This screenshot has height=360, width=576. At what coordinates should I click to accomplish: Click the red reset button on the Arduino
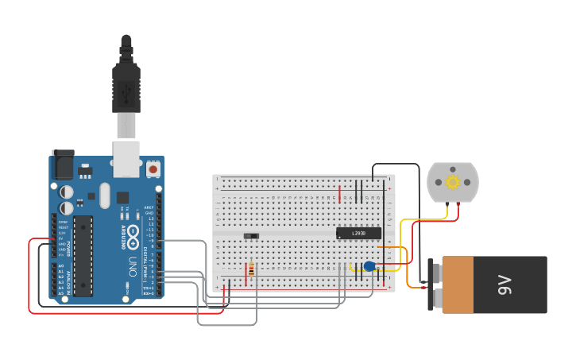(x=153, y=168)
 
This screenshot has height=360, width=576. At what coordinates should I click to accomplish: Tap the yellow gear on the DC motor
(x=453, y=182)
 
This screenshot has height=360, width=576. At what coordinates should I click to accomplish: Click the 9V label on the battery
(x=504, y=284)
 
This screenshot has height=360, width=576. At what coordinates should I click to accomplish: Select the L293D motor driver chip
(x=358, y=233)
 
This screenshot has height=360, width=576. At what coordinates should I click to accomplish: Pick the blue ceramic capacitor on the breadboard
(x=369, y=266)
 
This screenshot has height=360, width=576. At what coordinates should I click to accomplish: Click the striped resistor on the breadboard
(x=252, y=270)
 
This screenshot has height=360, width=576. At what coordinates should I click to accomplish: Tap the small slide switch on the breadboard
(x=251, y=235)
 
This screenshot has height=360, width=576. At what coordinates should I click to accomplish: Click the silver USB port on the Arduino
(x=126, y=158)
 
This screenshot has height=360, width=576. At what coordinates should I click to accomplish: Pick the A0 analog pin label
(x=61, y=266)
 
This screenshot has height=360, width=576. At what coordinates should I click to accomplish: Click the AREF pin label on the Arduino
(x=149, y=207)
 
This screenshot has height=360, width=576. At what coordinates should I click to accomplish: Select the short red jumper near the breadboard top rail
(x=339, y=194)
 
